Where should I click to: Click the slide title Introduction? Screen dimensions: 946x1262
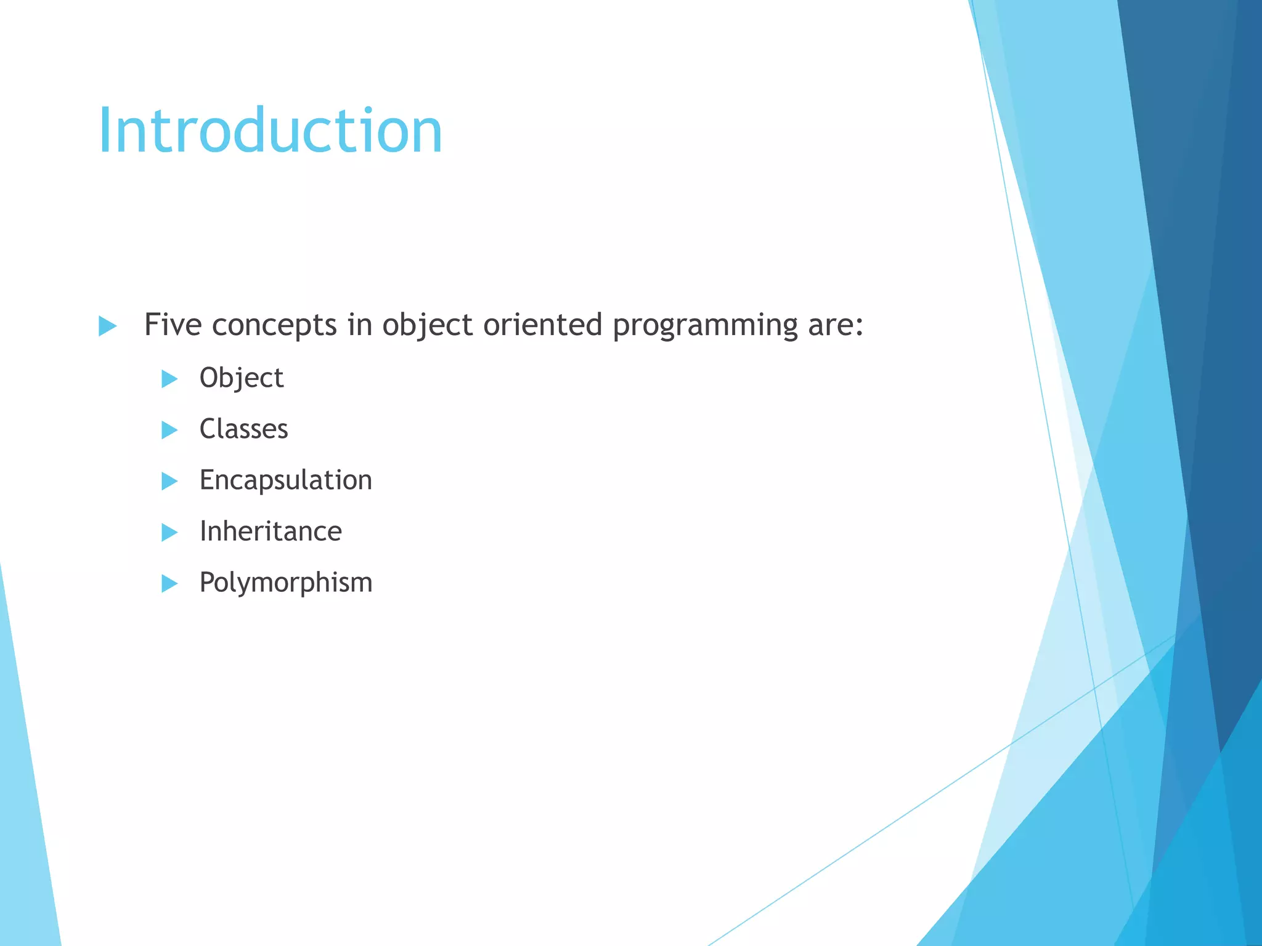pos(270,131)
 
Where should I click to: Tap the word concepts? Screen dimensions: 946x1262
pos(274,326)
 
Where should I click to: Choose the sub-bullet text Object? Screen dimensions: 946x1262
pos(242,378)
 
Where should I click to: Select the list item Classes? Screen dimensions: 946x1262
pos(243,429)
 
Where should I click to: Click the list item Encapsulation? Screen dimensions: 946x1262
pos(285,480)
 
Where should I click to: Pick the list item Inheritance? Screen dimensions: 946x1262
pos(271,532)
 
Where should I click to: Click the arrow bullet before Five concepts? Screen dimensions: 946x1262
pos(107,326)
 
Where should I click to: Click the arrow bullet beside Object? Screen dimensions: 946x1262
pos(169,379)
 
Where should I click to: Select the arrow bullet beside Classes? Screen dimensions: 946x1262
pos(169,430)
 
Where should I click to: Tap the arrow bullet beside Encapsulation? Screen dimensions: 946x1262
pos(169,481)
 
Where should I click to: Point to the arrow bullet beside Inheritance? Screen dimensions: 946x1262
pos(169,532)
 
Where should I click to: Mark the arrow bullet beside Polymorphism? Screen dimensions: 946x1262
pos(169,583)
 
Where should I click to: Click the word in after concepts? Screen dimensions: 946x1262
pos(359,325)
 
